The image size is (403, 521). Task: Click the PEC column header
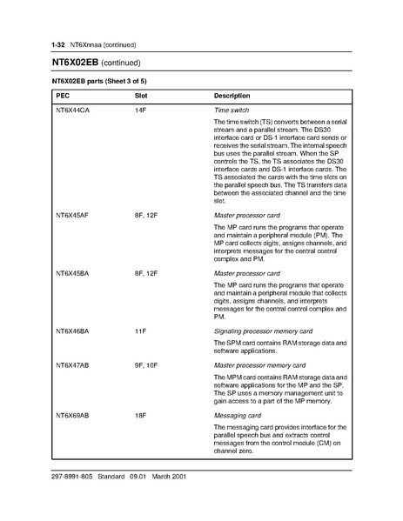tap(64, 94)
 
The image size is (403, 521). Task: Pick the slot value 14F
tap(140, 112)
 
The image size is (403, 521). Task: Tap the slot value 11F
tap(140, 331)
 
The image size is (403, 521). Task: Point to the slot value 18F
tap(140, 416)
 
